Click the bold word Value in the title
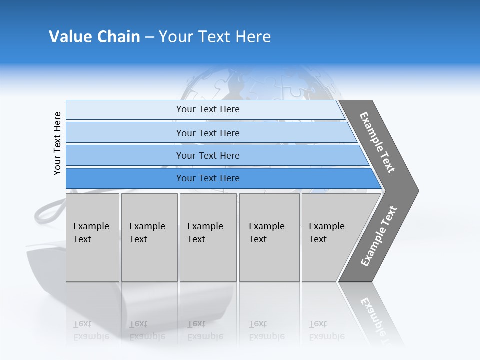point(70,37)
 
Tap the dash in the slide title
point(149,37)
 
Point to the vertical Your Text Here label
point(57,143)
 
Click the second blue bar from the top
point(207,133)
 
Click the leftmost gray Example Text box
point(92,237)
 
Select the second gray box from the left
point(149,237)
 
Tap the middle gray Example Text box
point(208,237)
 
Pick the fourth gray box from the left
point(269,237)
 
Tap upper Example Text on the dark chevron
point(377,142)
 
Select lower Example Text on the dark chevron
point(379,236)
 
